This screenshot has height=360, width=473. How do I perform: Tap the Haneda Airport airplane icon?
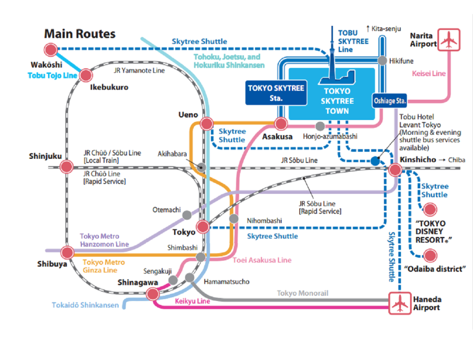[x=400, y=303]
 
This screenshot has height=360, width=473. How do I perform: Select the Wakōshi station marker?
[x=50, y=50]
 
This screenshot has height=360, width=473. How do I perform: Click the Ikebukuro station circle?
[x=86, y=75]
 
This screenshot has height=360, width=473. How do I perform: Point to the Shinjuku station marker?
[x=67, y=167]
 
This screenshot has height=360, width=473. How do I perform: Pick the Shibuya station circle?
[x=67, y=252]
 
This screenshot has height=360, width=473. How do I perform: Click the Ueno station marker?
[x=206, y=124]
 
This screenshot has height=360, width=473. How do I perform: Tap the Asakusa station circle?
[x=281, y=124]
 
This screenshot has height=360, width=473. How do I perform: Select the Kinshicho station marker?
[x=395, y=169]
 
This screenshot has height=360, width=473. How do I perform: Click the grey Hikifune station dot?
[x=382, y=60]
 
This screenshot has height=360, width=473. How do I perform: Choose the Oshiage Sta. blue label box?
[x=389, y=101]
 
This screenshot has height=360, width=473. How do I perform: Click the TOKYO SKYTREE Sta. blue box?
[x=276, y=92]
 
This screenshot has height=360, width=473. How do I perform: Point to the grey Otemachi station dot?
[x=187, y=215]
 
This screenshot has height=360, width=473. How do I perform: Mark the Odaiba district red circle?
[x=430, y=255]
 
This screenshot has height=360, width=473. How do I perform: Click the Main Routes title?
[x=79, y=34]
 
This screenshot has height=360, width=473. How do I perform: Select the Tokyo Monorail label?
[x=303, y=293]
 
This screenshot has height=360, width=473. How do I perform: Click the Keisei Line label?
[x=429, y=73]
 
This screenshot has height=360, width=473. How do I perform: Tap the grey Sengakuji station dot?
[x=173, y=280]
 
